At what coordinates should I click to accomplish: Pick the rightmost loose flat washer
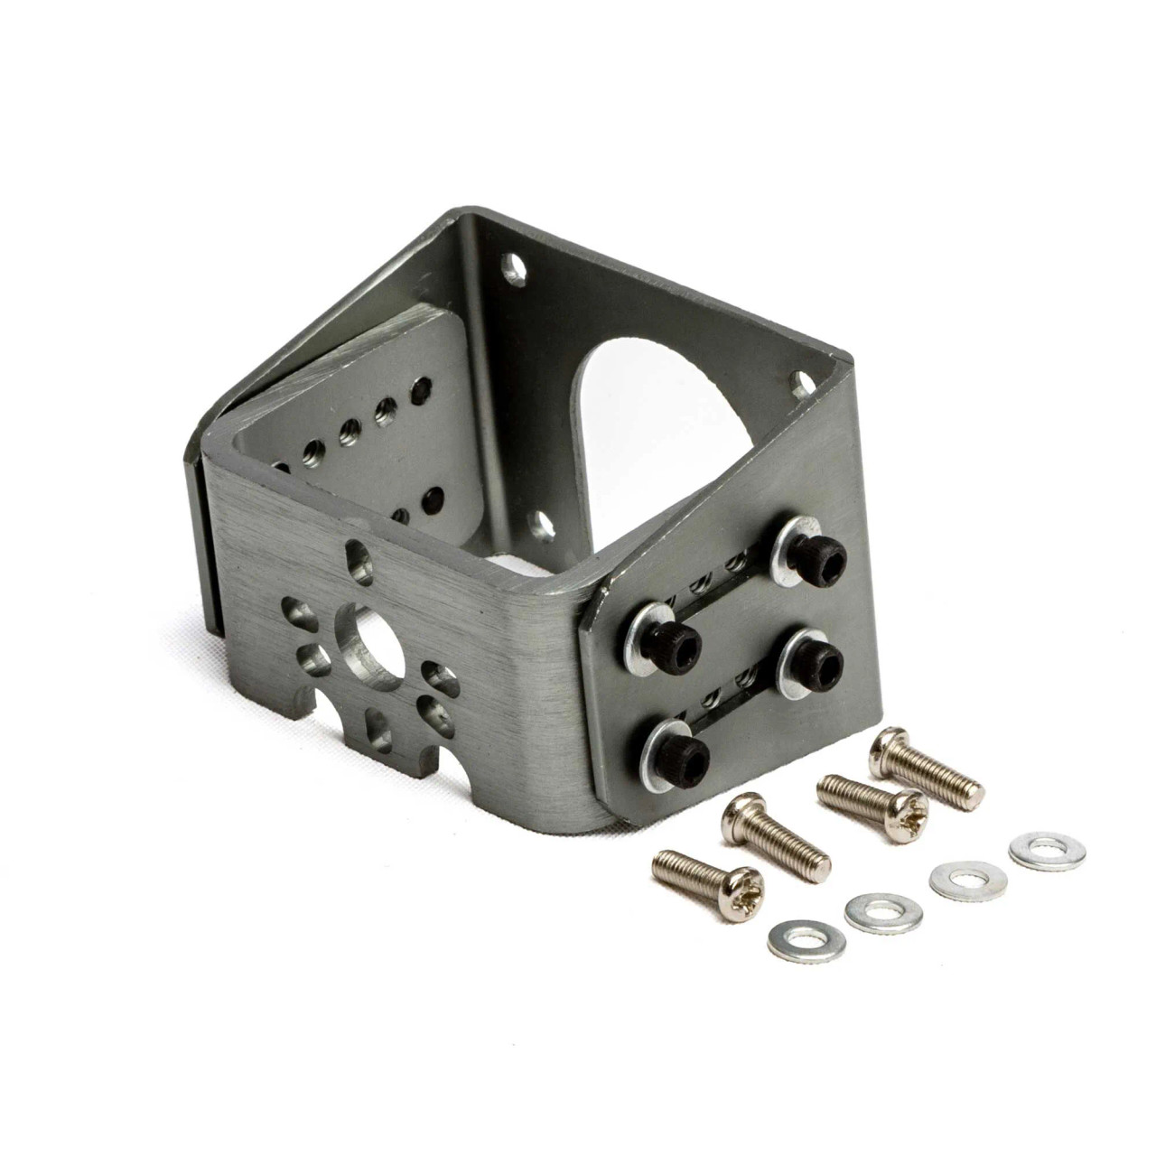pyautogui.click(x=1035, y=849)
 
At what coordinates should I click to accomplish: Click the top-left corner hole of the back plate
pyautogui.click(x=513, y=266)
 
